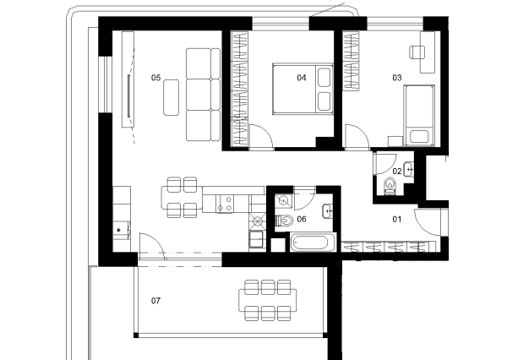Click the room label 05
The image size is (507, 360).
[x=155, y=78]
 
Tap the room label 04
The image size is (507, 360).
[x=302, y=78]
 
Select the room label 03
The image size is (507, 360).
[x=397, y=78]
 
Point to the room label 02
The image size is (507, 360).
[x=397, y=171]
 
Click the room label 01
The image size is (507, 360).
[x=397, y=220]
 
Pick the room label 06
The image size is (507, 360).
[x=302, y=220]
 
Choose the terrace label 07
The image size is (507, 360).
[x=155, y=301]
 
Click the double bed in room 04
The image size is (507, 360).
[x=303, y=89]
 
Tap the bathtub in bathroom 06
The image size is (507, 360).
[x=313, y=243]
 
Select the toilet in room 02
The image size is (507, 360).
[x=390, y=186]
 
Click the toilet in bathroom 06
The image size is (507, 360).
[x=284, y=221]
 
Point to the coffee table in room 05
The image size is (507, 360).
[x=171, y=97]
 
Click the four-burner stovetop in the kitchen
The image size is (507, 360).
[x=225, y=204]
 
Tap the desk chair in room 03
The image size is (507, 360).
[x=417, y=52]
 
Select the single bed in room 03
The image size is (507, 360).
[x=419, y=116]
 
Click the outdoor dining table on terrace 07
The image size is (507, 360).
[x=267, y=301]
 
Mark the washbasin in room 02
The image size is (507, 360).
[x=409, y=169]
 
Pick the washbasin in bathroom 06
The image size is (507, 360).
[x=328, y=211]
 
